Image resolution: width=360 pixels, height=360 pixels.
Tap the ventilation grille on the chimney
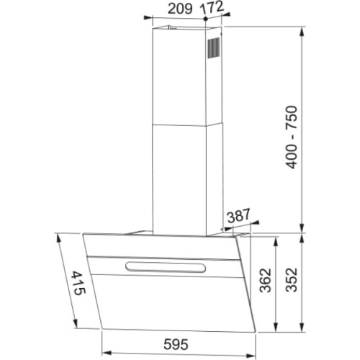pos(215,48)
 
